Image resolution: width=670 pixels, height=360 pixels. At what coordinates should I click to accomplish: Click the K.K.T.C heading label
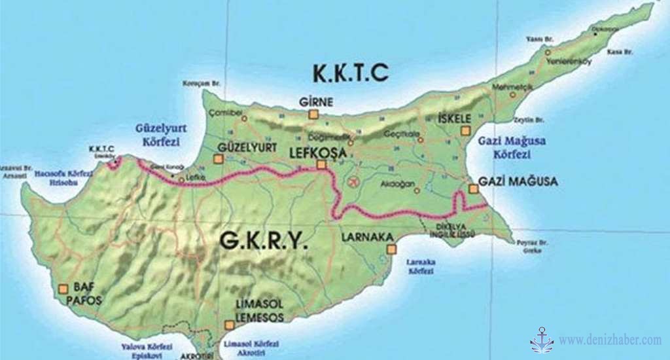(x=350, y=73)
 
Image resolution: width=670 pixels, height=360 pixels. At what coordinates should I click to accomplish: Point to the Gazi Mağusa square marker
(x=472, y=189)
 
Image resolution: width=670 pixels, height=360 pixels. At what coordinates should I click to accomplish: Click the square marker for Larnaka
(x=391, y=249)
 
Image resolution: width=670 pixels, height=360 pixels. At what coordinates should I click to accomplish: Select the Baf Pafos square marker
(x=63, y=288)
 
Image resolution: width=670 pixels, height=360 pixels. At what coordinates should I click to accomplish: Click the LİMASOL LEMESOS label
(x=260, y=312)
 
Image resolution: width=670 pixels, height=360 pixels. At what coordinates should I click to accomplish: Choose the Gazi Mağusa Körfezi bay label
(x=512, y=148)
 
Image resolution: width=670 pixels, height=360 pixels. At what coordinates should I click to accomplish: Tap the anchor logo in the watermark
(x=541, y=340)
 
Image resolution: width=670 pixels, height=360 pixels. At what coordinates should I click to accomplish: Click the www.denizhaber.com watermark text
(x=610, y=340)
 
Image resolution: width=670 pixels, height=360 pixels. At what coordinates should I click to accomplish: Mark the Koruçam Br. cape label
(x=200, y=83)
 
